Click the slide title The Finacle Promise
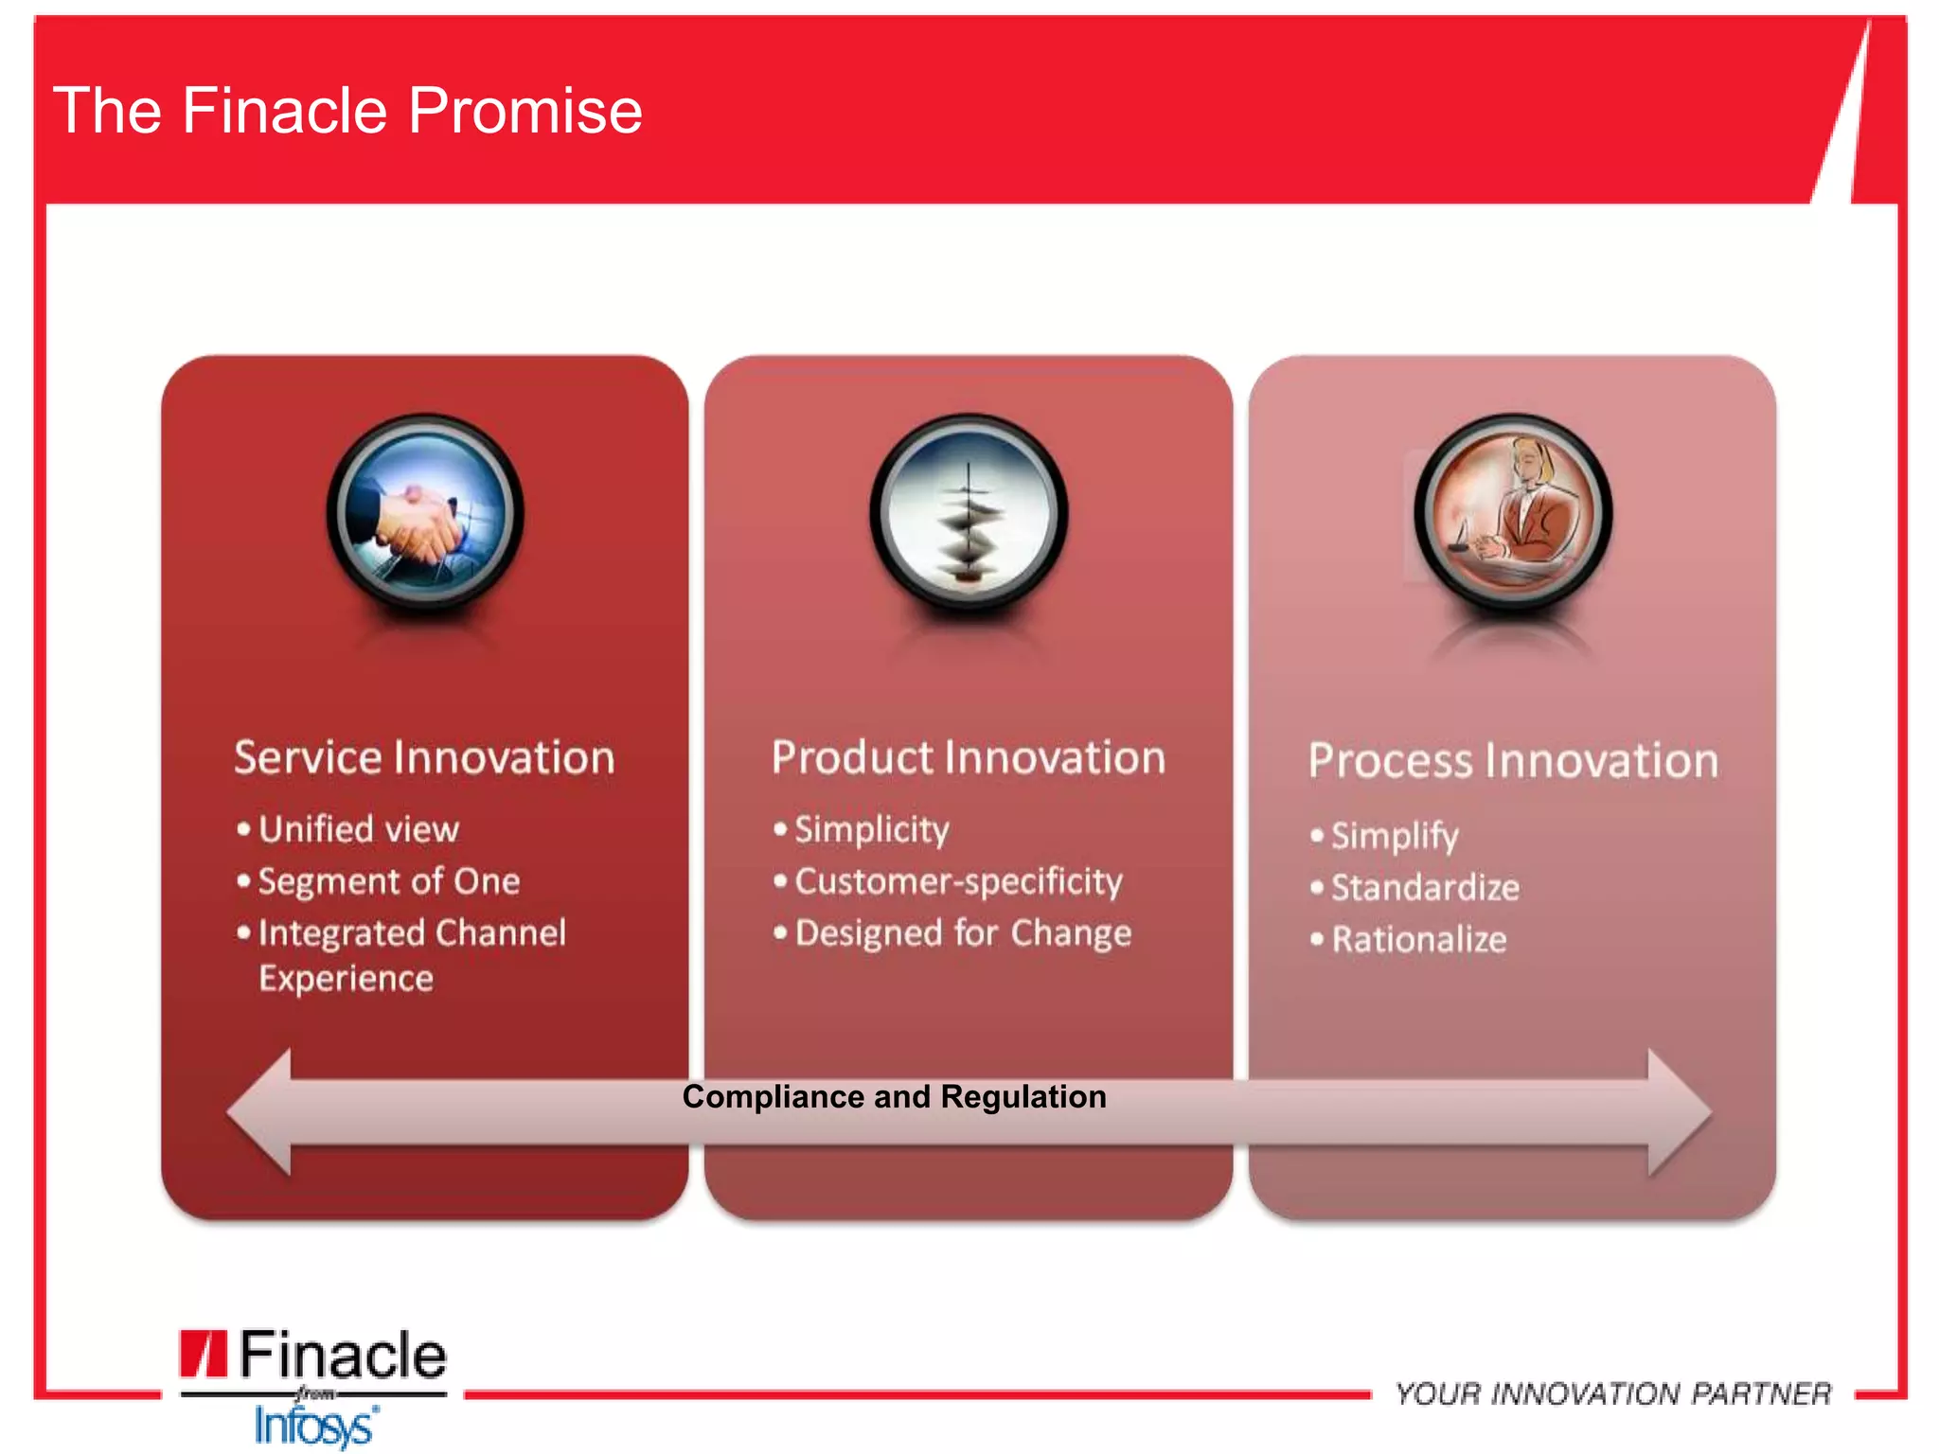coord(347,111)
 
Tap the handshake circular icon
coord(425,514)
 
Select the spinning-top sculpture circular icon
coord(969,514)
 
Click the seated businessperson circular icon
coord(1512,514)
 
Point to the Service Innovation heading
coord(424,757)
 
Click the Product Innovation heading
coord(968,757)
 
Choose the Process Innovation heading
coord(1512,761)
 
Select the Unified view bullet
coord(358,829)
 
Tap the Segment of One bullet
coord(388,881)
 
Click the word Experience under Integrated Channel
coord(346,978)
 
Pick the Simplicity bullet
coord(871,829)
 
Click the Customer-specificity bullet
coord(958,881)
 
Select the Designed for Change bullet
coord(963,933)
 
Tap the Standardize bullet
coord(1425,888)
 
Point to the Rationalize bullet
coord(1418,940)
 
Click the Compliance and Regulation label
coord(894,1096)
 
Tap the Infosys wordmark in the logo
coord(315,1426)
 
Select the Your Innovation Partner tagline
coord(1612,1393)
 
